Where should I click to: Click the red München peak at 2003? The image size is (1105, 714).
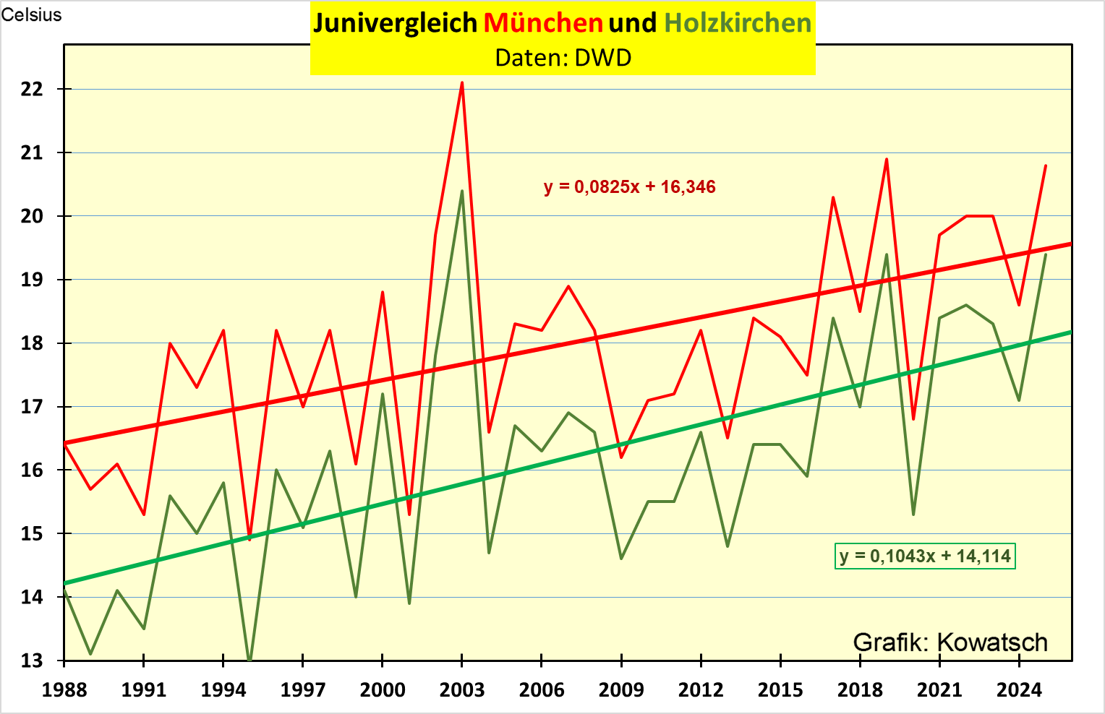tap(462, 83)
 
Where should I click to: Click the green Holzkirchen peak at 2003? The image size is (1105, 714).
tap(462, 191)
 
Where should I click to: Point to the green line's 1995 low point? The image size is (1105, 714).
tap(249, 659)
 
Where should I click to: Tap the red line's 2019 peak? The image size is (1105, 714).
tap(887, 159)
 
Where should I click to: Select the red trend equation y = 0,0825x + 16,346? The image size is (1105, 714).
tap(629, 187)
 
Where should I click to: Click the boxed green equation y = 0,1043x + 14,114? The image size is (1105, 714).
tap(925, 556)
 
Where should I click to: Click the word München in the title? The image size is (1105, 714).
tap(543, 23)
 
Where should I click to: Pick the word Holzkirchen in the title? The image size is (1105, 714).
tap(738, 23)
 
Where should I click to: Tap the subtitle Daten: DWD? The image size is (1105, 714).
tap(563, 58)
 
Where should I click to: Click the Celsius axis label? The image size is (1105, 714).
tap(31, 15)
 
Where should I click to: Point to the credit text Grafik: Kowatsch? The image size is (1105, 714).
tap(950, 642)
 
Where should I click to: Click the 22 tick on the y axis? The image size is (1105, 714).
tap(33, 89)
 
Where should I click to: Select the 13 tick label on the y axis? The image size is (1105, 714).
tap(33, 661)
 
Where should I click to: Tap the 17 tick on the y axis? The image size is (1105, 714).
tap(33, 407)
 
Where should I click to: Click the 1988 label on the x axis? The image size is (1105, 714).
tap(64, 690)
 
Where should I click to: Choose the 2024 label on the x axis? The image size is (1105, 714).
tap(1019, 690)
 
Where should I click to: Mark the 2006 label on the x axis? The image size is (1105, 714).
tap(542, 690)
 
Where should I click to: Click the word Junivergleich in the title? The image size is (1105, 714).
tap(396, 23)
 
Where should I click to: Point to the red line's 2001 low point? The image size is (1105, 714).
tap(409, 514)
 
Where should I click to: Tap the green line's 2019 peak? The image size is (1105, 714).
tap(887, 254)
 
